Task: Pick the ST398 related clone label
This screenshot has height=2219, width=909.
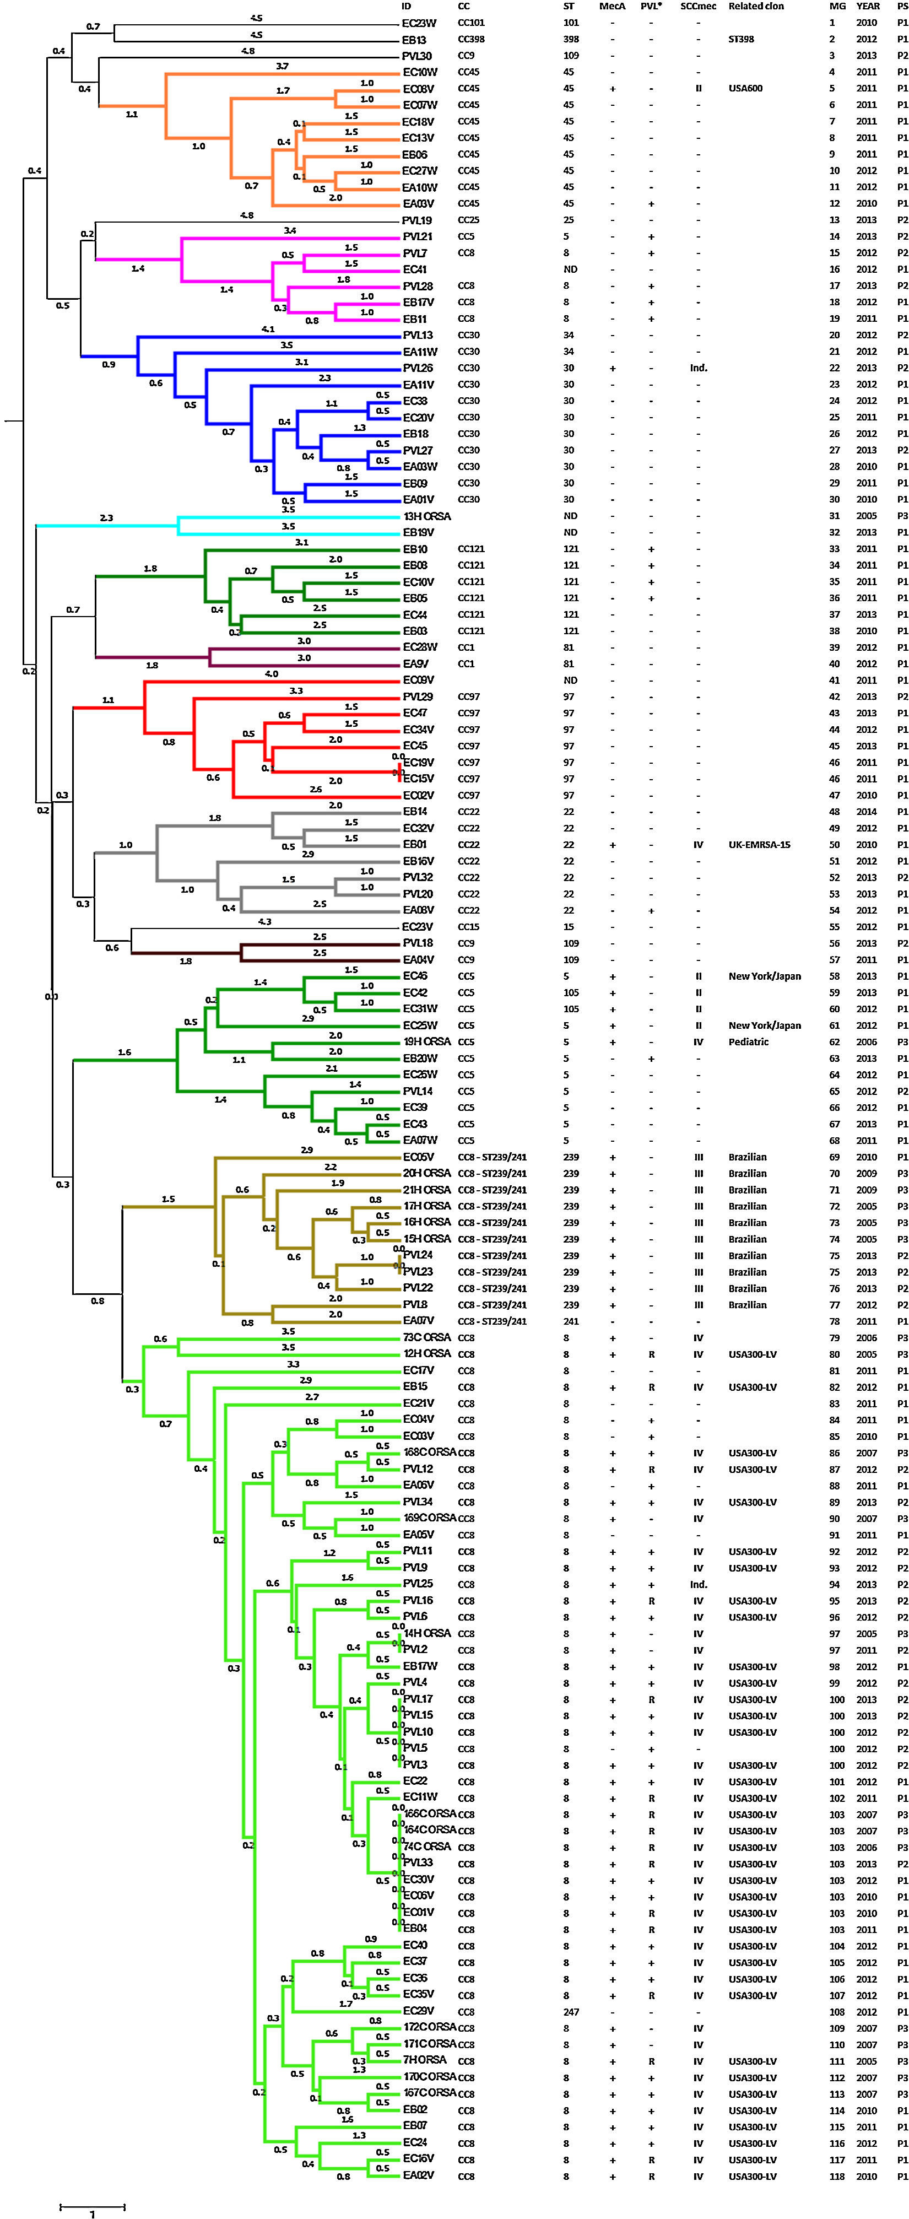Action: coord(742,40)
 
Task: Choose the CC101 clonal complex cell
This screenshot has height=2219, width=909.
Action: coord(471,23)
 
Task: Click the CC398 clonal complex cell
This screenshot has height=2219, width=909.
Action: coord(471,40)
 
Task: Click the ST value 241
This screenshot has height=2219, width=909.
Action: coord(571,1321)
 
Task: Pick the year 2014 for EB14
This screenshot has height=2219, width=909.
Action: coord(867,812)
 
